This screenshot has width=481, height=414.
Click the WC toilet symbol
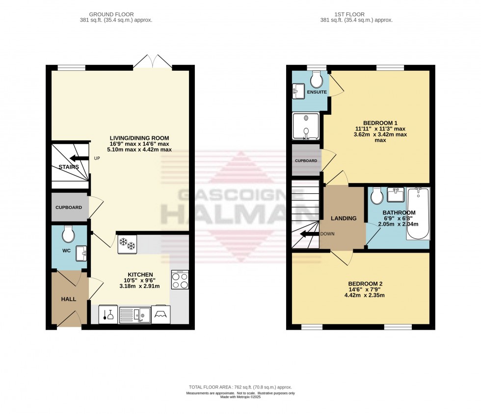68,234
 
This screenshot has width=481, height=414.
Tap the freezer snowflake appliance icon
128,244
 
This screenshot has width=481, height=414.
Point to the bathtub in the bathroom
418,214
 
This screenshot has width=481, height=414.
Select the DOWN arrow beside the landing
310,234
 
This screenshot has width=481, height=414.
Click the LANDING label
344,218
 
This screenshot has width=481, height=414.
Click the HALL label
69,299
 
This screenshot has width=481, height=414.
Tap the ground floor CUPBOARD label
69,207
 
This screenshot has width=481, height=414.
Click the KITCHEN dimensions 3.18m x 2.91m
141,286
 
